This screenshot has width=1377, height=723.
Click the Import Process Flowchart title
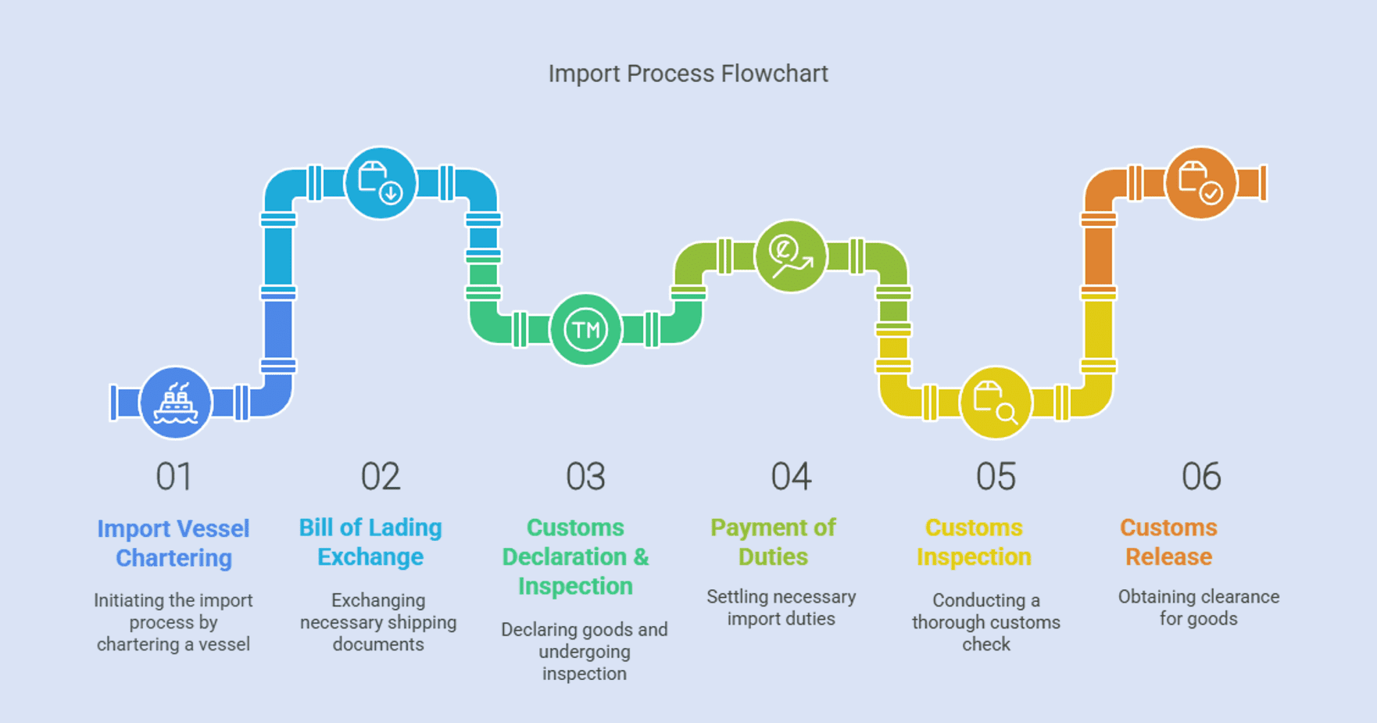coord(688,73)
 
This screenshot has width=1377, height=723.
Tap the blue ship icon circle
coord(176,403)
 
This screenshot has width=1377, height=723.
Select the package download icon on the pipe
coord(381,184)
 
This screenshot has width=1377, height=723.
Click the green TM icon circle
coord(585,330)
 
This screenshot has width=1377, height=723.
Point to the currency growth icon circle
coord(791,256)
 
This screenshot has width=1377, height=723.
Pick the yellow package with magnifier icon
coord(996,403)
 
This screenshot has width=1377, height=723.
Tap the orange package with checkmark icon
coord(1200,184)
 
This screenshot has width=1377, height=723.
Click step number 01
coord(174,476)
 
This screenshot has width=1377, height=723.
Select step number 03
coord(585,476)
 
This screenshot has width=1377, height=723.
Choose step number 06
coord(1201,476)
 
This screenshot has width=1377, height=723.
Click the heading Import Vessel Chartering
coord(173,543)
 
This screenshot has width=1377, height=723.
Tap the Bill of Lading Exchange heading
coord(370,542)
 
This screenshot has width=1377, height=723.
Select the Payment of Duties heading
coord(773,542)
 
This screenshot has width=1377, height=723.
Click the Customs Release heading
coord(1168,542)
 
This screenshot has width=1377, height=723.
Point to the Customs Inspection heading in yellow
coord(974,542)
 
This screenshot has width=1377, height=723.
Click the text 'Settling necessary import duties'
coord(781,607)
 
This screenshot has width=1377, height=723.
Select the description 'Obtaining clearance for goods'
coord(1199,607)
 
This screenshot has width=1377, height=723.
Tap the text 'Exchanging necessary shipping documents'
coord(378,622)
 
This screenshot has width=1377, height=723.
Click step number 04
coord(791,476)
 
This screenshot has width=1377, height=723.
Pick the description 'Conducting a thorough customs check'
coord(986,622)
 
